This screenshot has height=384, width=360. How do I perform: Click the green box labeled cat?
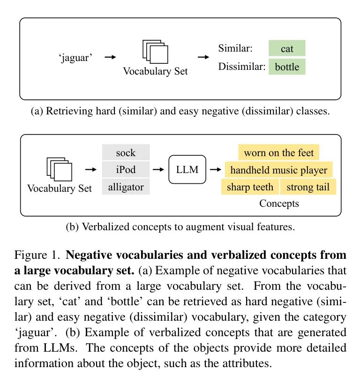click(x=287, y=48)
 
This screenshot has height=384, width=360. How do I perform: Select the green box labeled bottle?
click(x=287, y=67)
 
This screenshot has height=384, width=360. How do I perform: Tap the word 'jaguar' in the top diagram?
click(x=75, y=58)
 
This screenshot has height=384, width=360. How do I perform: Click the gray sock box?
click(x=126, y=152)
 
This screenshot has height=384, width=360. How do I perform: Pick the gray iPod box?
click(x=126, y=169)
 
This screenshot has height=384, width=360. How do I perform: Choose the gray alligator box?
click(x=126, y=187)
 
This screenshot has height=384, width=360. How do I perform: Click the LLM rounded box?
click(x=187, y=169)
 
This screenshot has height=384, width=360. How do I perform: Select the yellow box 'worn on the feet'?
click(x=279, y=152)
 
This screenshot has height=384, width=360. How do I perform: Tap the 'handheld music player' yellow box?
click(x=279, y=169)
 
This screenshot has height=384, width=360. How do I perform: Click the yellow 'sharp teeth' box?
click(x=250, y=187)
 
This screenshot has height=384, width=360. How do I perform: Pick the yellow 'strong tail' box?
click(x=308, y=187)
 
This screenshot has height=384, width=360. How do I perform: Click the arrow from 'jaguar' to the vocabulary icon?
click(x=110, y=57)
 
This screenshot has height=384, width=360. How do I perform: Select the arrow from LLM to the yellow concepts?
click(x=216, y=169)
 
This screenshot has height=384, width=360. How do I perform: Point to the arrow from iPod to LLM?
click(x=158, y=169)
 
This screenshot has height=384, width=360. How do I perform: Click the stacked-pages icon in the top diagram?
click(x=155, y=52)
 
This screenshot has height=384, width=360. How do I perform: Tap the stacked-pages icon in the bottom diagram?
click(x=59, y=169)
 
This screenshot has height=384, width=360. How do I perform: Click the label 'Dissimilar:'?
click(x=242, y=67)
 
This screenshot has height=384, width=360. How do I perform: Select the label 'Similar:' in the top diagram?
click(x=235, y=48)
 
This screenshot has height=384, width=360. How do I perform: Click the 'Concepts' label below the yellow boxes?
click(x=279, y=203)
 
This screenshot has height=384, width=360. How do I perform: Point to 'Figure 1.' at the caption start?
click(x=37, y=255)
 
